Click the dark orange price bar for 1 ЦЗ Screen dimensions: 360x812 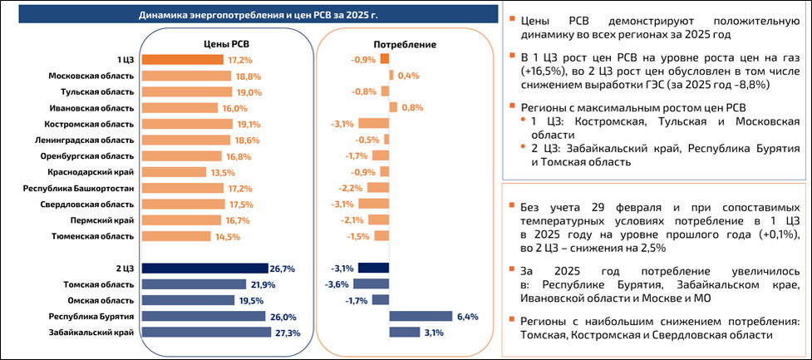tap(183, 60)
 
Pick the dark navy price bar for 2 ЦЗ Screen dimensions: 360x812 tap(204, 269)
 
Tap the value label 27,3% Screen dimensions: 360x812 tap(285, 333)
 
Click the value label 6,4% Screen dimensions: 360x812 tap(467, 317)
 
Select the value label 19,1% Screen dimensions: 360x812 tap(239, 124)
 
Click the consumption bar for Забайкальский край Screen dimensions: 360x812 tap(405, 333)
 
